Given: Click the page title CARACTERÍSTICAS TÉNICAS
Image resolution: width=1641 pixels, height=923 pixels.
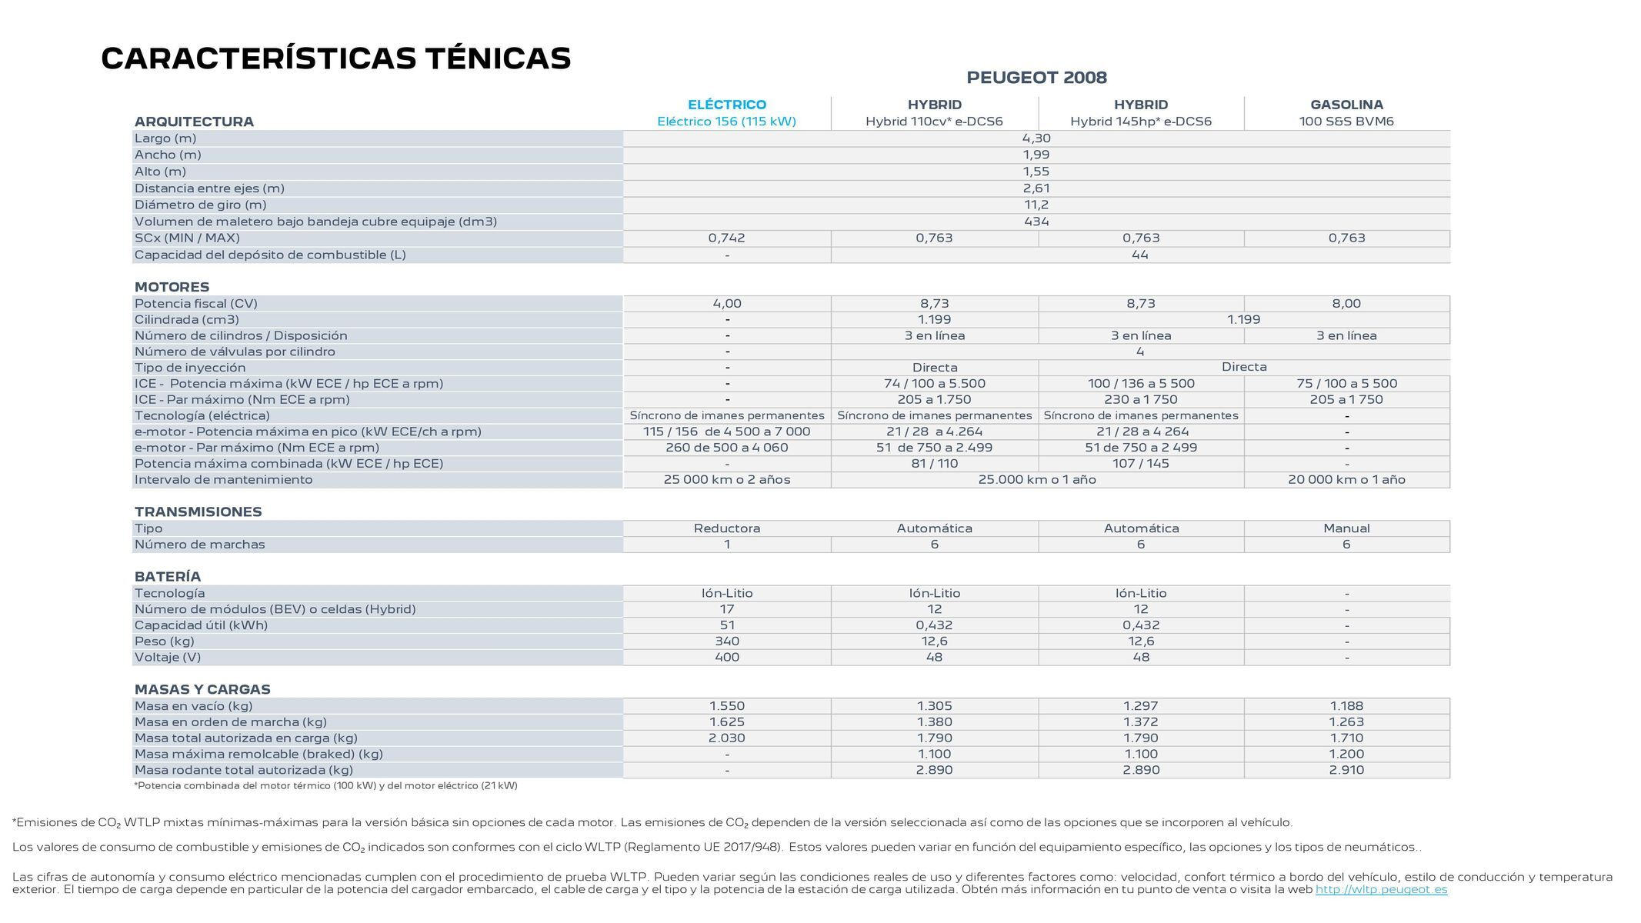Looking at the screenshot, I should pos(335,59).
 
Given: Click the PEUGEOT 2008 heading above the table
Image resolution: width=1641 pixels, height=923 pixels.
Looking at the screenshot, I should pos(1036,78).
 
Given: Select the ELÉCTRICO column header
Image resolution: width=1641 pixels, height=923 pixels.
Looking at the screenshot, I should pos(726,105).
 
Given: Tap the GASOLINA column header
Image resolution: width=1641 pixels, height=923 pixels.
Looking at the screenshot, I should pos(1346,105).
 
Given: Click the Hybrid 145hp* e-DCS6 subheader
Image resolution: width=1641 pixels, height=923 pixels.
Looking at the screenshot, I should pos(1140,122).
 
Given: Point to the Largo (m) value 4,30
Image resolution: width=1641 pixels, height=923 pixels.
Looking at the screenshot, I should pos(1036,138).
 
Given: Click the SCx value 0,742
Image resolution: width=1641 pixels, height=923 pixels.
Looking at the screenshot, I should pos(726,238).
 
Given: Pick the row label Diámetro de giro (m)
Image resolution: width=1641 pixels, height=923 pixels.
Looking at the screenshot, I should pos(200,205).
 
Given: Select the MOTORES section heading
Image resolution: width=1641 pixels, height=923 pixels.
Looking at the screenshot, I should pos(172,287).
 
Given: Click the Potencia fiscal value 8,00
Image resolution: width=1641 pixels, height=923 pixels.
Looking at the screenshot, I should pos(1346,304).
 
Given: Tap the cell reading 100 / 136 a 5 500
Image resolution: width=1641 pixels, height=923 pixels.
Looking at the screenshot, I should pos(1140,384).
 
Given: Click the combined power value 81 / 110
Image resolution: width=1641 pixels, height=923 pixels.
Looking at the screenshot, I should pos(934,464).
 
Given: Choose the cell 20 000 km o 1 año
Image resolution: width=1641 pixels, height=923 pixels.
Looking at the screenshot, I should pos(1346,480).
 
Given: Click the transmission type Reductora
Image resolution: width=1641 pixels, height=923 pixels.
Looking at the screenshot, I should pos(726,528).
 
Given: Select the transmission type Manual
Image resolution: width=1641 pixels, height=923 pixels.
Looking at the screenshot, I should pos(1346,528).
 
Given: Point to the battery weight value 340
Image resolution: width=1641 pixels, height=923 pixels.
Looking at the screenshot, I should pos(726,641).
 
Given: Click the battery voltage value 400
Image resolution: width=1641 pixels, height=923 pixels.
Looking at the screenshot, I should pos(726,658).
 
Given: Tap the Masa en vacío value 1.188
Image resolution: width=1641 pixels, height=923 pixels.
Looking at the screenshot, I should pos(1346,706).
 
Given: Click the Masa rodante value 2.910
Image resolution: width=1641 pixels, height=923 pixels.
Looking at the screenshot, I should pos(1346,770).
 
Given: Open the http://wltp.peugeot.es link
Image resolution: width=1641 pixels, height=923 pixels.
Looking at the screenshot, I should pos(1381,890).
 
